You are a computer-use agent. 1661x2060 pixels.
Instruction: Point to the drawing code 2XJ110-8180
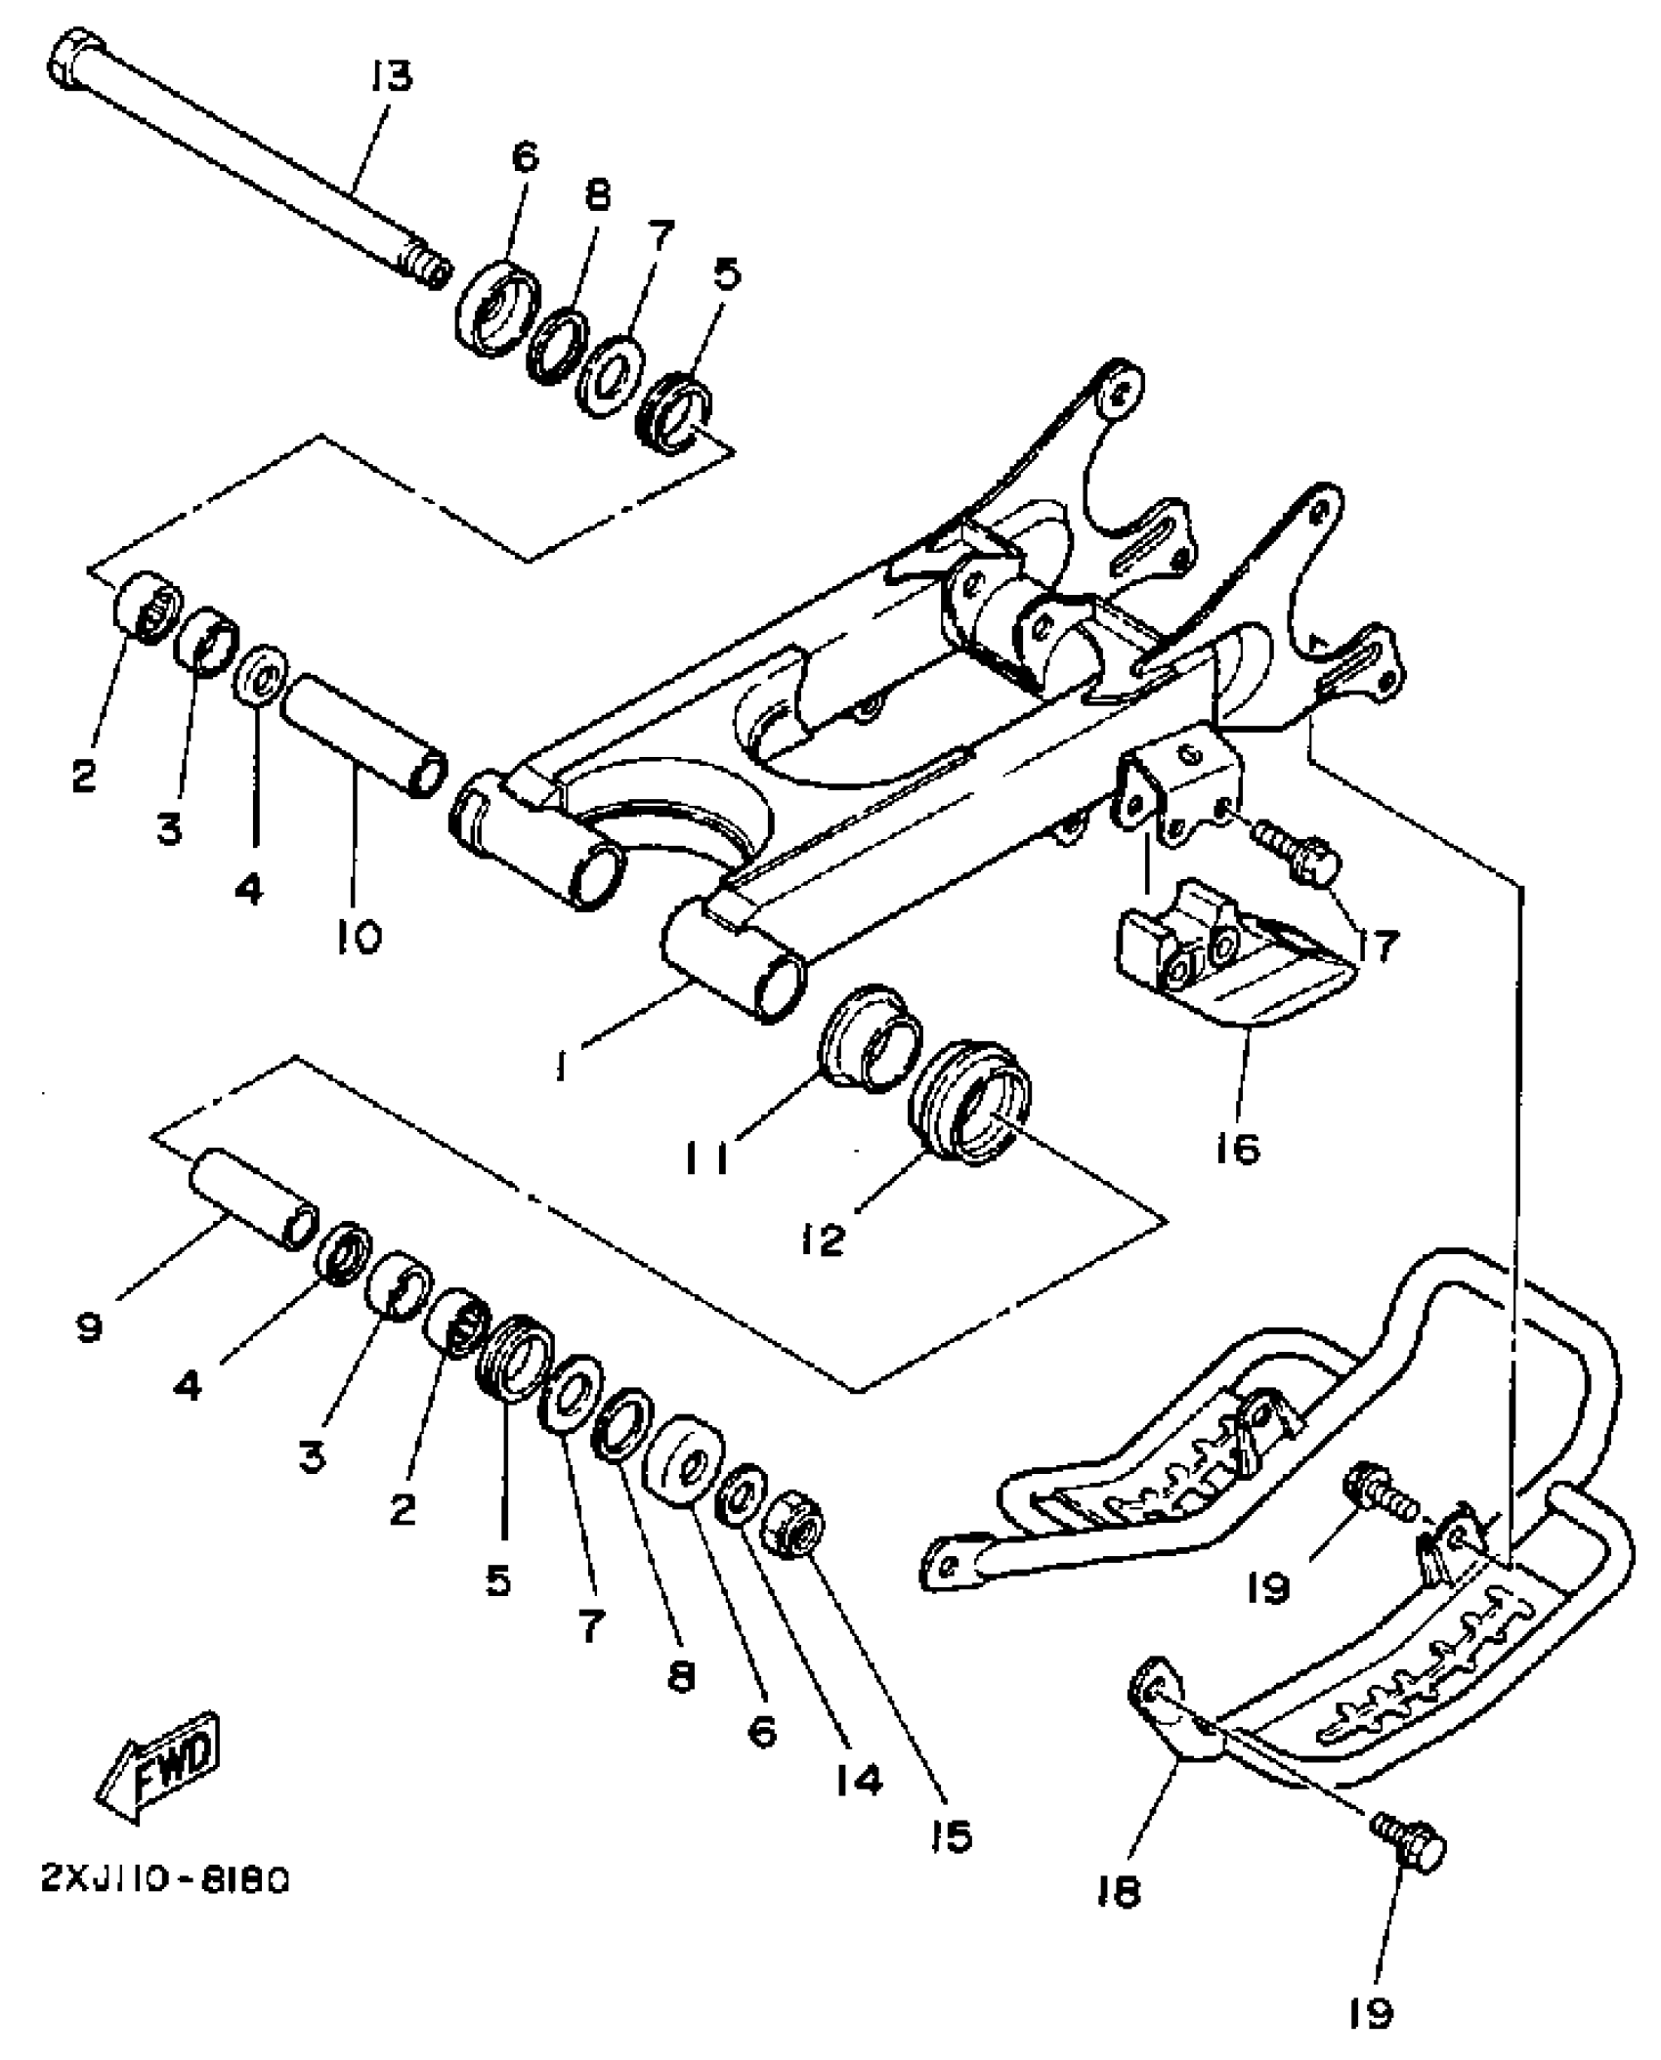(165, 1880)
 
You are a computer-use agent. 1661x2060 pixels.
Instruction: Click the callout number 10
(359, 940)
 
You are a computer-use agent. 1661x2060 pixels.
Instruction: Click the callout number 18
(1119, 1892)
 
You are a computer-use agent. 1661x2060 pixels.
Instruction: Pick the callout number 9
(90, 1326)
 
